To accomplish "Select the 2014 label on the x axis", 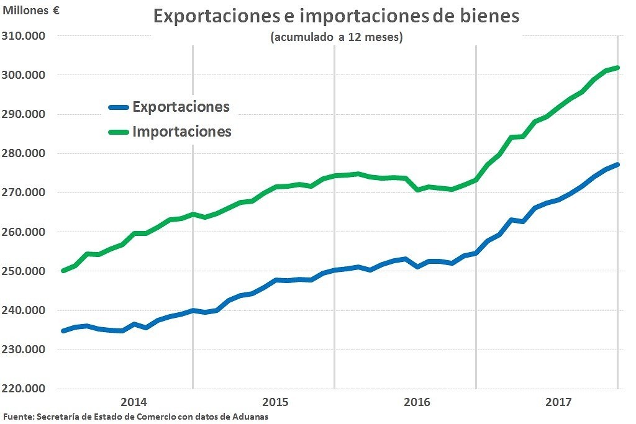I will pyautogui.click(x=134, y=401).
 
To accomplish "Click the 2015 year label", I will pyautogui.click(x=275, y=401).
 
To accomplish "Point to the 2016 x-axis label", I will pyautogui.click(x=417, y=401).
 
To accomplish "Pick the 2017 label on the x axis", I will pyautogui.click(x=558, y=401).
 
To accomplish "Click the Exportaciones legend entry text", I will pyautogui.click(x=181, y=107).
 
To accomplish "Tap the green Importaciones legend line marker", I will pyautogui.click(x=118, y=132).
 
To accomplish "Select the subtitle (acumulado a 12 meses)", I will pyautogui.click(x=337, y=37).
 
